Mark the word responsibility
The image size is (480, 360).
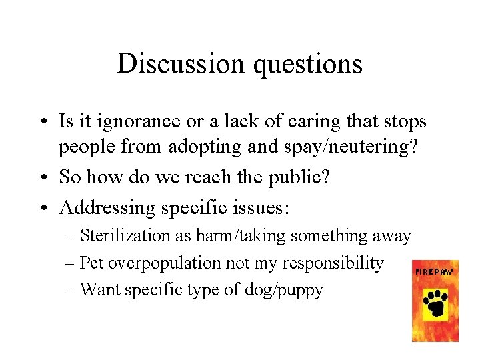(333, 263)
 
